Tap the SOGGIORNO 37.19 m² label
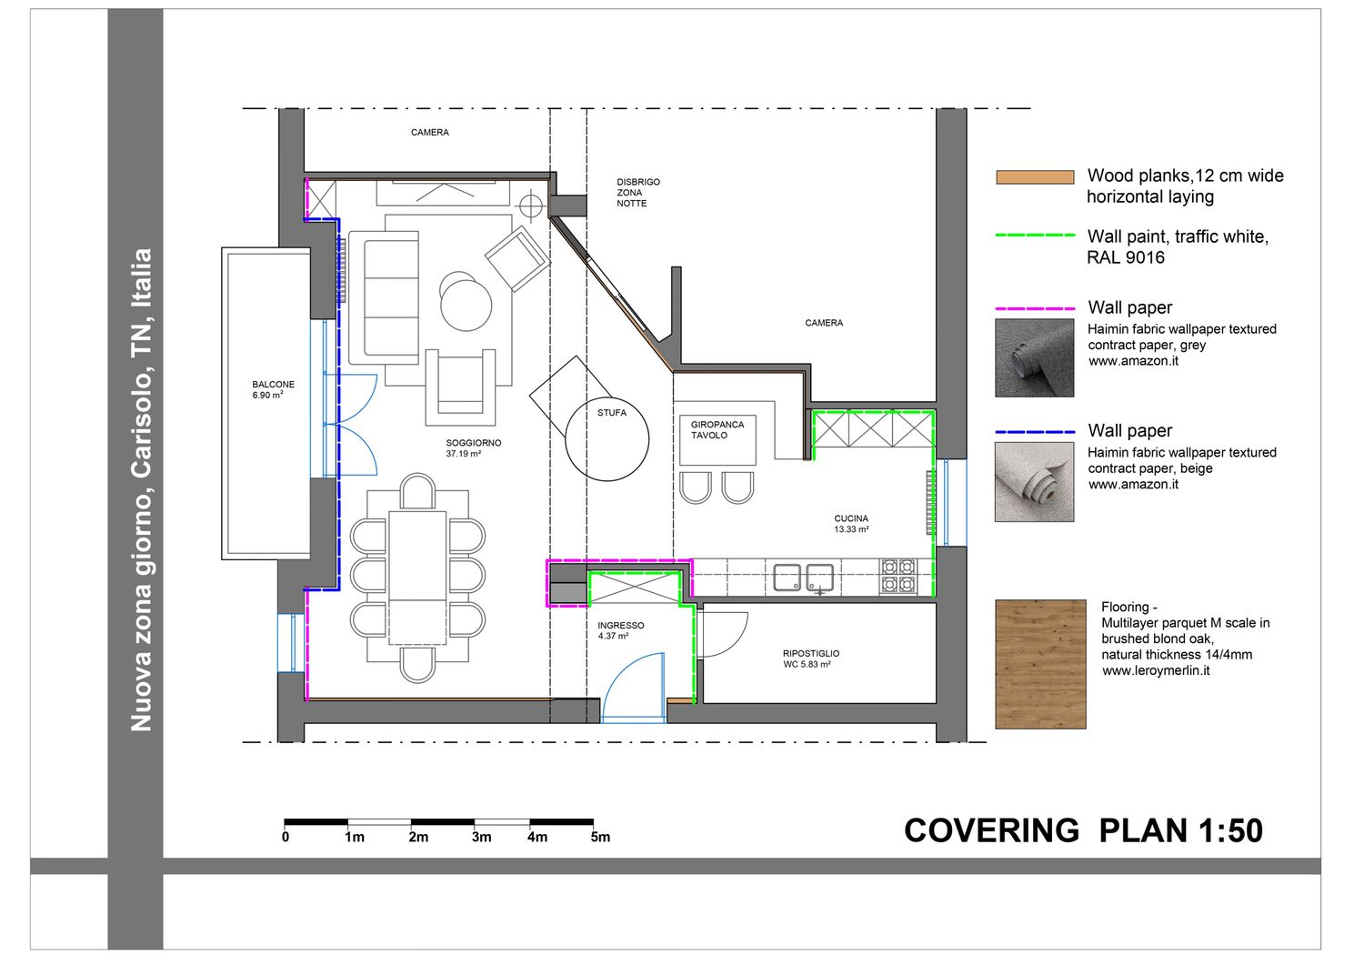473,448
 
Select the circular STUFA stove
607,438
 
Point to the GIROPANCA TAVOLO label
717,429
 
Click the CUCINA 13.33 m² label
850,524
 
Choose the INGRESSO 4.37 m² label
620,630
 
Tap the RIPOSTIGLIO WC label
810,658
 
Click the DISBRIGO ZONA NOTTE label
637,193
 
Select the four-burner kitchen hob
898,577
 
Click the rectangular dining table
417,578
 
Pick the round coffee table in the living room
466,306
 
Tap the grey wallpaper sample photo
1034,357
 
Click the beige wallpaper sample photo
1034,482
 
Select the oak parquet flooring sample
1040,664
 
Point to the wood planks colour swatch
1035,176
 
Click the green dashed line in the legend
1035,235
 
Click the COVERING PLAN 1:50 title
1083,830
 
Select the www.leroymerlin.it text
1156,670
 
